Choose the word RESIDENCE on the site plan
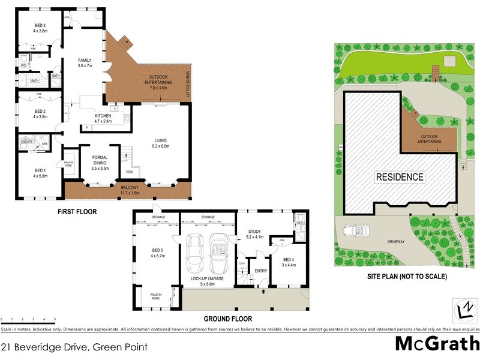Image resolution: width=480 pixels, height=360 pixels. (x=400, y=177)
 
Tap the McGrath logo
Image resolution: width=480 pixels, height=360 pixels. (x=437, y=343)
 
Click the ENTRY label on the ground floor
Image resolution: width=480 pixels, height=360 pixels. (x=260, y=271)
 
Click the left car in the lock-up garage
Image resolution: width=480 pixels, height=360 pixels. (x=194, y=252)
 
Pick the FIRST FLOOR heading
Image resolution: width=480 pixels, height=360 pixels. (x=77, y=212)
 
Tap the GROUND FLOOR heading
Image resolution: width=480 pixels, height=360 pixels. (x=227, y=319)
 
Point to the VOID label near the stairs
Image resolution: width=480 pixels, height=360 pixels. (x=129, y=174)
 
